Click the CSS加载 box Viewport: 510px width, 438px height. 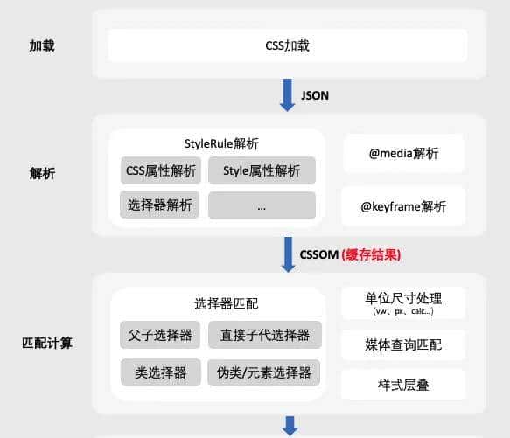(287, 45)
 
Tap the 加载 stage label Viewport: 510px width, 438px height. (42, 45)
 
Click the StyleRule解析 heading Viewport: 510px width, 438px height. (221, 143)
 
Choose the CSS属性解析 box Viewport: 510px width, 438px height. (161, 170)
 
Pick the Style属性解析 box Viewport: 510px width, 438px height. (262, 170)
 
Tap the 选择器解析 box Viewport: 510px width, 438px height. (161, 205)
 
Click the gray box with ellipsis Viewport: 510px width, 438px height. (262, 205)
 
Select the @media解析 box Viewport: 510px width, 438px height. (403, 154)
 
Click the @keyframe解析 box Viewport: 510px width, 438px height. (403, 206)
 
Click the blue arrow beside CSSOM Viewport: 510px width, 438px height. (288, 254)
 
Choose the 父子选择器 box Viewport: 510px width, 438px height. (161, 335)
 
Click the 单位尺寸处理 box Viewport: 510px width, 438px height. (403, 302)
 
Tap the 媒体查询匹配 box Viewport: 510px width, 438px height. (403, 344)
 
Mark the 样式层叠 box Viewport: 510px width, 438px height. (403, 384)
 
